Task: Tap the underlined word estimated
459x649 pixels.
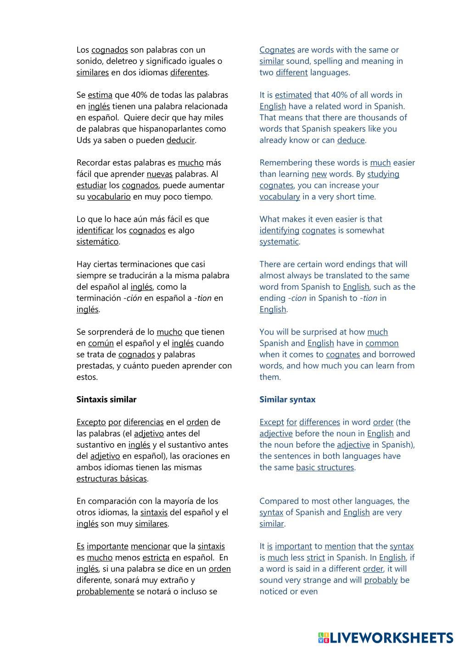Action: click(x=293, y=95)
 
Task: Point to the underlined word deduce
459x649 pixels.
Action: click(x=351, y=140)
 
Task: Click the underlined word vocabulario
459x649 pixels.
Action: click(x=109, y=197)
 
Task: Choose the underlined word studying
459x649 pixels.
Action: click(x=383, y=174)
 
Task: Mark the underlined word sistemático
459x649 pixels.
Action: click(x=97, y=242)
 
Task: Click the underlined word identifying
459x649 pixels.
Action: click(x=279, y=230)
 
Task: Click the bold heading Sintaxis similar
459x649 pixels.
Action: click(x=106, y=400)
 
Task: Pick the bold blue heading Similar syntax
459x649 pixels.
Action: click(x=287, y=400)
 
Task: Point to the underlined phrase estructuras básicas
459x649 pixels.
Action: click(x=112, y=479)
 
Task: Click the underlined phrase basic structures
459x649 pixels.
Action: click(x=325, y=468)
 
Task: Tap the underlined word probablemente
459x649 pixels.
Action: click(x=105, y=592)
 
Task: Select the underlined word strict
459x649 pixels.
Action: click(x=316, y=558)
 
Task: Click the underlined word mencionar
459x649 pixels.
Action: click(x=150, y=547)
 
